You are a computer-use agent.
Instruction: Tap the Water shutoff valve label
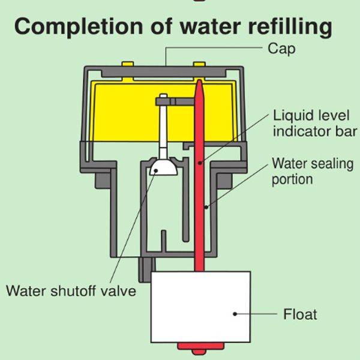71,292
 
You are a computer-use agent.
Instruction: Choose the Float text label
299,314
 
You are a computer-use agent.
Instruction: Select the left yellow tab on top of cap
127,63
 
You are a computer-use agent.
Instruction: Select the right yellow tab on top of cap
198,63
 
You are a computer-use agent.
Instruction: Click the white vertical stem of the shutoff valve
163,129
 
